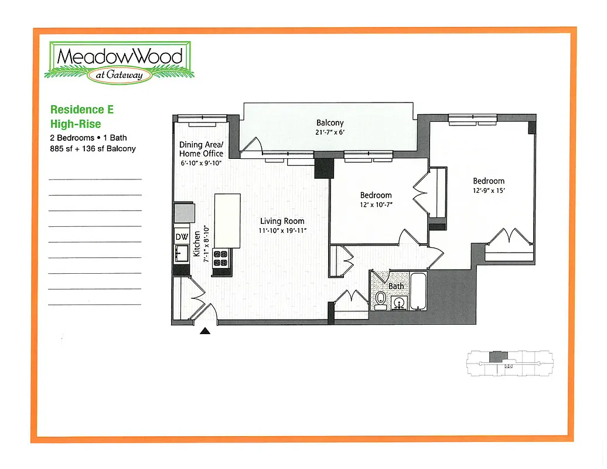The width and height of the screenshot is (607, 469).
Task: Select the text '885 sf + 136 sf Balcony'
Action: (93, 149)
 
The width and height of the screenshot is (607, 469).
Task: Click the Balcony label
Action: (330, 123)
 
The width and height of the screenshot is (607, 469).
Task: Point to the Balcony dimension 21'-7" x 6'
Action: (330, 132)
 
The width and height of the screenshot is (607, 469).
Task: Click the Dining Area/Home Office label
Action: (202, 149)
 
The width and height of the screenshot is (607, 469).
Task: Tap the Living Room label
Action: (282, 221)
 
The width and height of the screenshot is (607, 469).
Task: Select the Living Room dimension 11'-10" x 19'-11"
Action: (282, 230)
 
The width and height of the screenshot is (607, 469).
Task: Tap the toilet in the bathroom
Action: (381, 301)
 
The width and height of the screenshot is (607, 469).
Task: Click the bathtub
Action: (418, 292)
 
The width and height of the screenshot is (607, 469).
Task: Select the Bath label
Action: (396, 286)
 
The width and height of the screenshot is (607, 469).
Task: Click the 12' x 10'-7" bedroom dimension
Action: (376, 205)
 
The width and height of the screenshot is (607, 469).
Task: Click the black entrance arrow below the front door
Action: (205, 331)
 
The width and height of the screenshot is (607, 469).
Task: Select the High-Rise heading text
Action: (76, 124)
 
